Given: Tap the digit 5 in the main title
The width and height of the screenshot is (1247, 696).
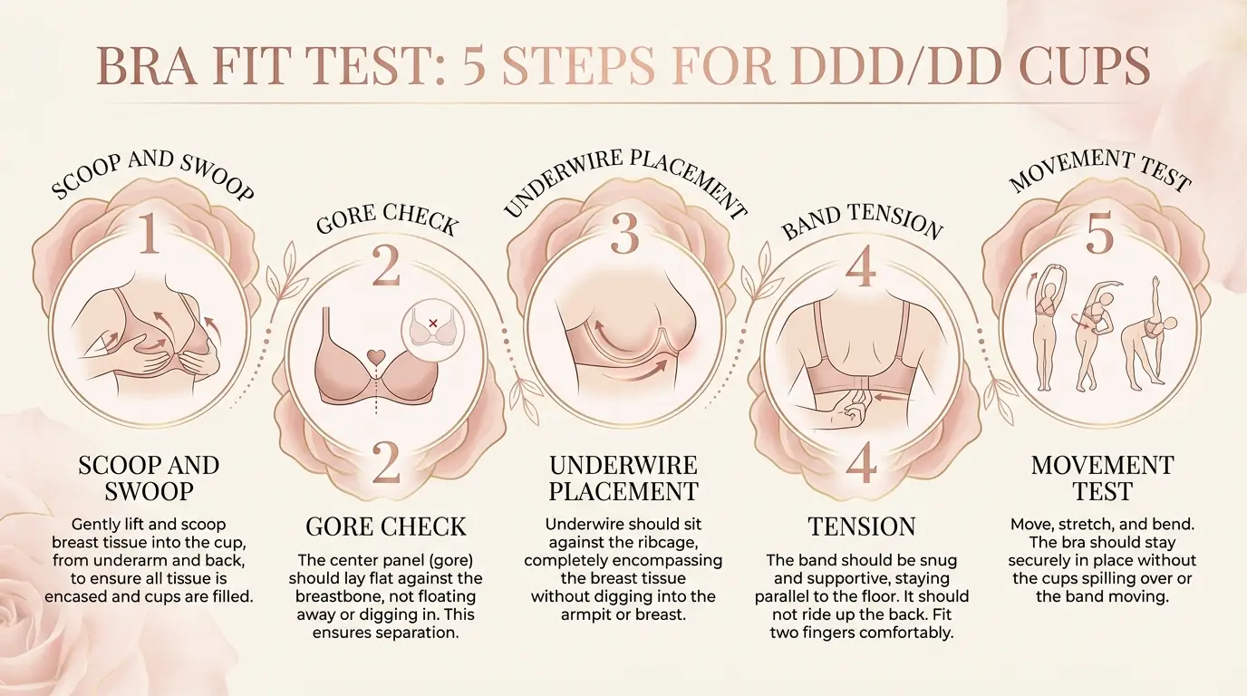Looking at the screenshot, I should [475, 66].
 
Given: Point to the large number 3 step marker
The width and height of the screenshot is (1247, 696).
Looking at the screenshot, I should [625, 233].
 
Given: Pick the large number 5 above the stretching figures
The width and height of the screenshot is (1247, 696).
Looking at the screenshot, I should [1099, 235].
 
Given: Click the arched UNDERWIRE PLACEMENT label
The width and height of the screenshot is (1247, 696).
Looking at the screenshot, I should [625, 181].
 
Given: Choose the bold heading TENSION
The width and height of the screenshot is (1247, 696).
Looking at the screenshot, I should [861, 527].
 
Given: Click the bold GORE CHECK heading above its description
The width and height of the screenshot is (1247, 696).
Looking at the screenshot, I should [386, 527].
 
